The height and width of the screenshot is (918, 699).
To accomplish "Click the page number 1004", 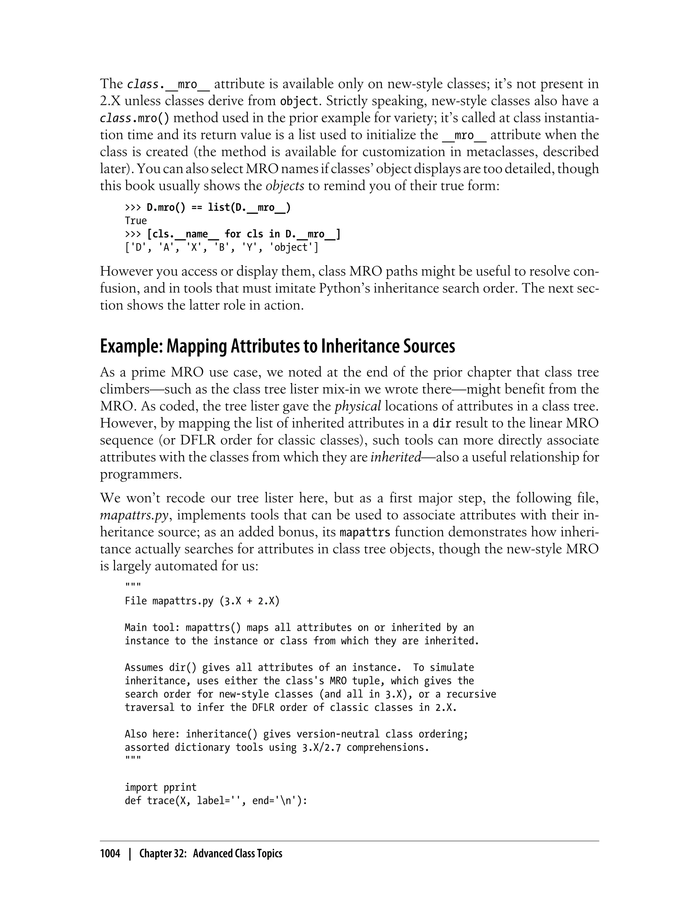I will [110, 854].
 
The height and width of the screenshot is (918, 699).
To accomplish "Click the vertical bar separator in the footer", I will [130, 854].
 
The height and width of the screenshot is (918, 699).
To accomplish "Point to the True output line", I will [135, 221].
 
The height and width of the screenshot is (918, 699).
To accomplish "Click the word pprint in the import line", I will [180, 787].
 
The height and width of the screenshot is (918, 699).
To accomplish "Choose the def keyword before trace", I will [133, 801].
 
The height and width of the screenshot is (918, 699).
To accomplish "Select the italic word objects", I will [285, 186].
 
